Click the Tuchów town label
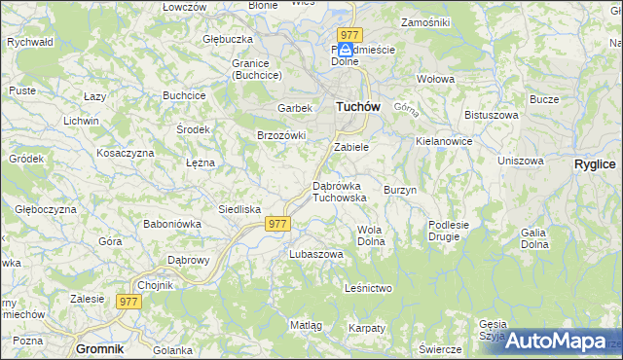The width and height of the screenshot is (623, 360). tap(356, 107)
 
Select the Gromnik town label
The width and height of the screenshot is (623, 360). tap(100, 347)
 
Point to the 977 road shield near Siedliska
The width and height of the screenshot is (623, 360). tap(277, 224)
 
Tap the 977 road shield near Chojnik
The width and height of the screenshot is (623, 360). tap(128, 302)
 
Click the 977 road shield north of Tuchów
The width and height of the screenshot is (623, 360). tap(350, 35)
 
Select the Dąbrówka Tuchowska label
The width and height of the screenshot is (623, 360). tap(339, 191)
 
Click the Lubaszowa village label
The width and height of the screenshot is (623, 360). tap(316, 254)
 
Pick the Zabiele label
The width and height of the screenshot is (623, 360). tap(350, 147)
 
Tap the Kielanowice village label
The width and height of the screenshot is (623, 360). tap(444, 141)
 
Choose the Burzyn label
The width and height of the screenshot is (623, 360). tap(400, 190)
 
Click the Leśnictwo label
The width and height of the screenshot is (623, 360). tap(368, 288)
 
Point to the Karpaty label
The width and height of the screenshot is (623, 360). tap(366, 328)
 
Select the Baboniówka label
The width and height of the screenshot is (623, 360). tap(171, 224)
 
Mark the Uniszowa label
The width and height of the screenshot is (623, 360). tap(520, 161)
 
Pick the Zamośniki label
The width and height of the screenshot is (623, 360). tap(424, 21)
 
